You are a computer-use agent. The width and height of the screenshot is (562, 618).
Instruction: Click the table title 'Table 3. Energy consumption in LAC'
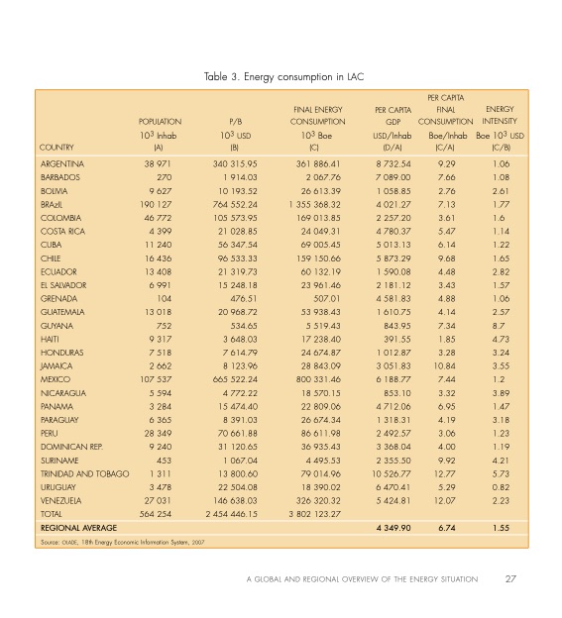[x=281, y=75]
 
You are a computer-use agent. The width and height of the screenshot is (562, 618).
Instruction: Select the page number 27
[x=510, y=579]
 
